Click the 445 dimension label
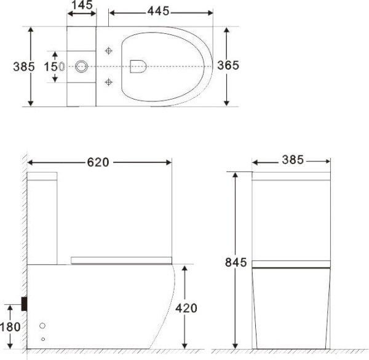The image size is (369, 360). click(x=159, y=12)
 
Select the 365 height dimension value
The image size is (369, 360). click(x=228, y=66)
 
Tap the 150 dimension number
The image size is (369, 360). click(x=50, y=66)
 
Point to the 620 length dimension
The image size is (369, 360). click(x=98, y=162)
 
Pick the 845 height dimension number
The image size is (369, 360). click(x=236, y=263)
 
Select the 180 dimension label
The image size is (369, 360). click(x=10, y=327)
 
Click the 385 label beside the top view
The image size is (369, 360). click(x=24, y=66)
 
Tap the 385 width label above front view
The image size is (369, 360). click(x=292, y=160)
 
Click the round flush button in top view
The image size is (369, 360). click(x=81, y=66)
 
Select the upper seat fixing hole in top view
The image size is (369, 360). click(x=109, y=50)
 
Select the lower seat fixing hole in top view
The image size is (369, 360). click(x=109, y=81)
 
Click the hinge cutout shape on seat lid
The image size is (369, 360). click(x=138, y=66)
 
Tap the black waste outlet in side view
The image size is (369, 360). click(x=24, y=303)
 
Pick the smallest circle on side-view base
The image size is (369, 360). click(x=43, y=338)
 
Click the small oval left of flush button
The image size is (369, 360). click(x=61, y=66)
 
